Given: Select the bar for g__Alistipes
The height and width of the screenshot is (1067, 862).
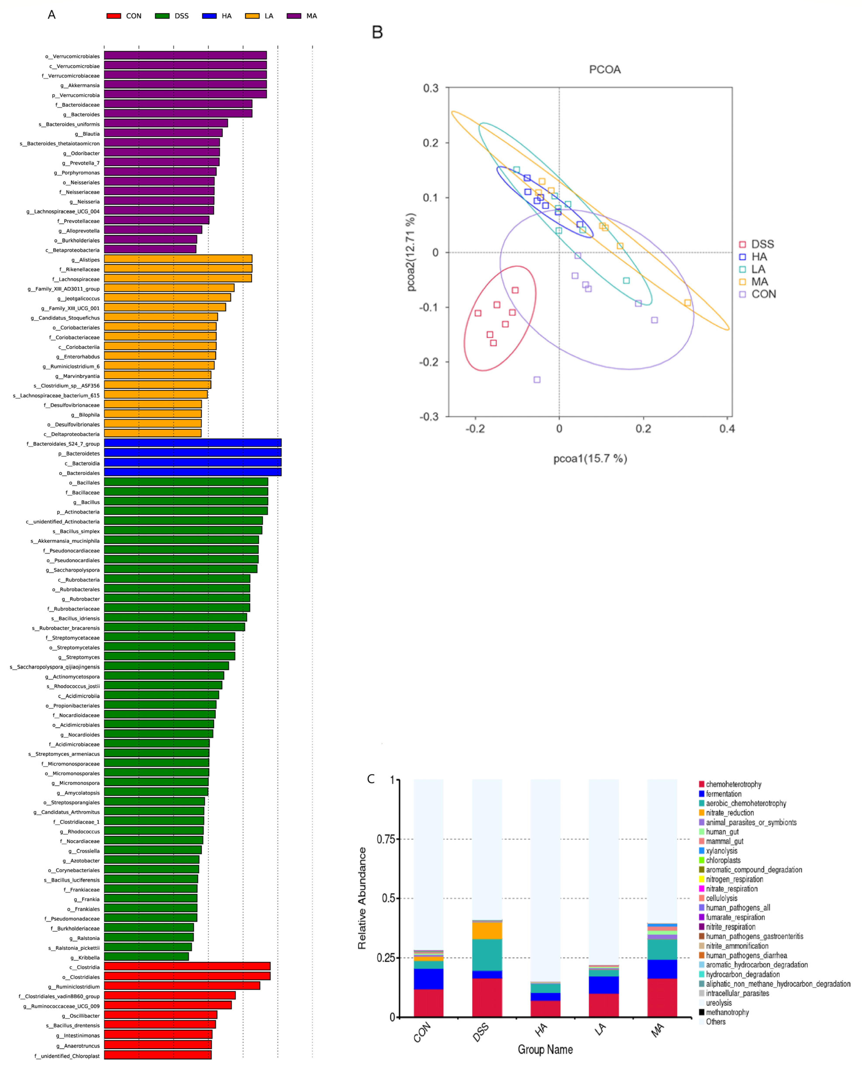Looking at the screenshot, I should click(x=178, y=259).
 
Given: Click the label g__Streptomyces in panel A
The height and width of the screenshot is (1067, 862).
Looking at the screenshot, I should click(x=79, y=657).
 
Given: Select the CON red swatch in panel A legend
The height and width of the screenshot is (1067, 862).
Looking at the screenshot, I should click(x=114, y=16).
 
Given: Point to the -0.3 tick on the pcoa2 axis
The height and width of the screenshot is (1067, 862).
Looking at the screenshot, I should click(x=429, y=416).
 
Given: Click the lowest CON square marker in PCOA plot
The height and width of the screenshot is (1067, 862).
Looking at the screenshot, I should click(x=537, y=380).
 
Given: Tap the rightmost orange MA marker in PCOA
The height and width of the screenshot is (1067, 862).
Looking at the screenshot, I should click(x=687, y=303).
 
